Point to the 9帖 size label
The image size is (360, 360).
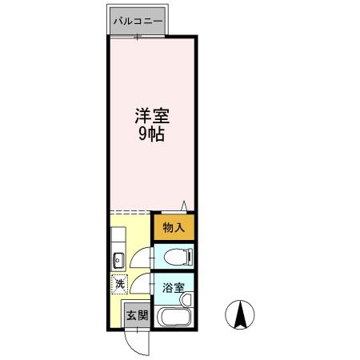151,134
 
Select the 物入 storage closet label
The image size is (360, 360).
174,227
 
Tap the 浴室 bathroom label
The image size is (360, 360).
174,287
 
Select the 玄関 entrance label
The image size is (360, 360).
137,315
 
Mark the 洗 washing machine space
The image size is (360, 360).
118,283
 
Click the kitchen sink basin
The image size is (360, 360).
117,259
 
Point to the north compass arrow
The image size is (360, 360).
239,314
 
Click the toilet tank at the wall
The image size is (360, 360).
190,258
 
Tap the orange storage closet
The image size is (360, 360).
173,227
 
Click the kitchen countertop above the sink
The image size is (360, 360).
117,238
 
